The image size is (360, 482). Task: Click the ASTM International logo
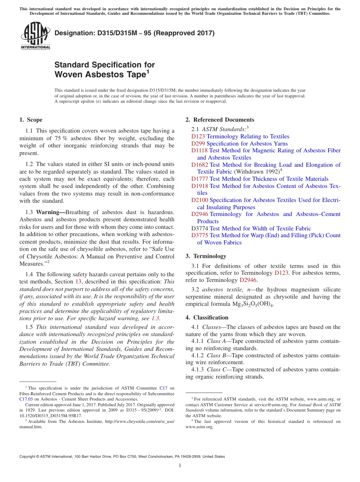tap(35, 36)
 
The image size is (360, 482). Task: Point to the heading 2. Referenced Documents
tap(220, 120)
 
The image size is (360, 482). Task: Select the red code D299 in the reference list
tap(198, 144)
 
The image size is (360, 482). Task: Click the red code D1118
tap(200, 150)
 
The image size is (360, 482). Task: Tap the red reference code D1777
tap(200, 179)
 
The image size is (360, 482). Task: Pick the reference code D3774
tap(200, 228)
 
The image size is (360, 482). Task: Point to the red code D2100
tap(200, 200)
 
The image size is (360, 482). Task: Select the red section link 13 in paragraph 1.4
tap(77, 282)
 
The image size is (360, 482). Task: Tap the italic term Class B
tap(216, 355)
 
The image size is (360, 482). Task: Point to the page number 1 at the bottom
tap(180, 465)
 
